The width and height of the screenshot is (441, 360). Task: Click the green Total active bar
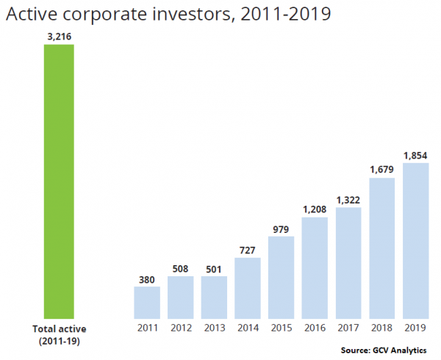click(x=60, y=181)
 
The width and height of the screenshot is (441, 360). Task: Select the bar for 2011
click(x=146, y=302)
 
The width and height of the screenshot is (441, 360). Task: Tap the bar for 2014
click(x=248, y=287)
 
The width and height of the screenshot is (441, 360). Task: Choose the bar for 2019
click(x=415, y=240)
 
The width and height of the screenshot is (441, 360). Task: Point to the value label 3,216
click(x=60, y=37)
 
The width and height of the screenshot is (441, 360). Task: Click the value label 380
click(x=146, y=279)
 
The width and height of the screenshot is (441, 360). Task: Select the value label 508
click(x=180, y=268)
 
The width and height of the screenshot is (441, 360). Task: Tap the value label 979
click(x=281, y=228)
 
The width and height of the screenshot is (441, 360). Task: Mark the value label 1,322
click(x=348, y=199)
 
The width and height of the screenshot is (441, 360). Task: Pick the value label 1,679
click(x=382, y=170)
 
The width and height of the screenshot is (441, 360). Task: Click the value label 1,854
click(x=415, y=155)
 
